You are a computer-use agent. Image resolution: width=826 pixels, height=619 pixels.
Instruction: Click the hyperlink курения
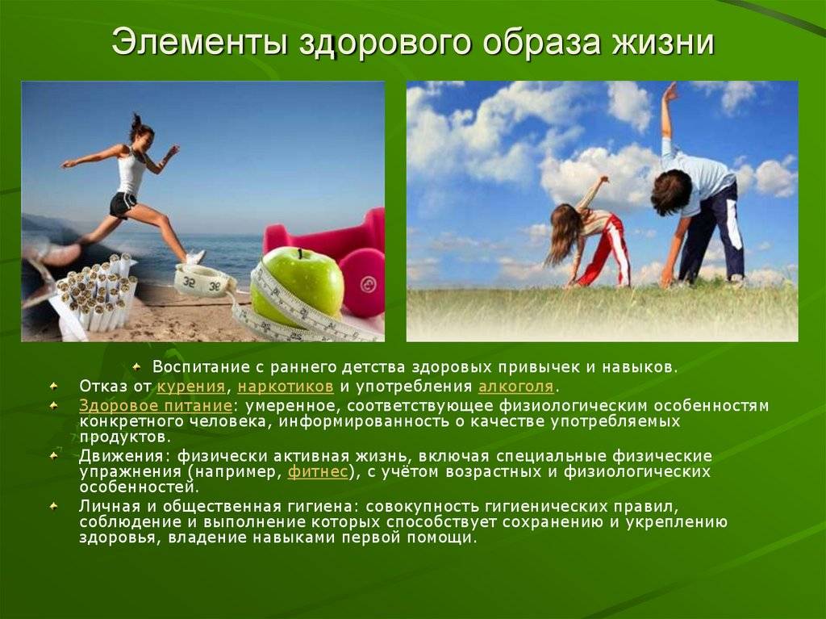(191, 387)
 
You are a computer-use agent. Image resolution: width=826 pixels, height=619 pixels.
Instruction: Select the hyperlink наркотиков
(286, 387)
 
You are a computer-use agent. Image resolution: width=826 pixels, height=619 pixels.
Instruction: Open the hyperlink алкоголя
(515, 387)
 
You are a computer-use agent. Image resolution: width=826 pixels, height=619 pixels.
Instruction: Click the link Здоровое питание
(156, 406)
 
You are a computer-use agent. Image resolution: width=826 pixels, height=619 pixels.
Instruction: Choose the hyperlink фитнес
(318, 471)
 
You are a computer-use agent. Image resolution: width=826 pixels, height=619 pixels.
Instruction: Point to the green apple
(297, 286)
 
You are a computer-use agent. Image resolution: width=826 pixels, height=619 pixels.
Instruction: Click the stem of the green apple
(301, 253)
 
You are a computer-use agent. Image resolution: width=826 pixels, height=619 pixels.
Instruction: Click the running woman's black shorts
(123, 204)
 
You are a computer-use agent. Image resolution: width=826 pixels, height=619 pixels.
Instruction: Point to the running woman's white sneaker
(194, 257)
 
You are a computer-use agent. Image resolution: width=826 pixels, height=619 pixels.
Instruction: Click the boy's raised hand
(670, 94)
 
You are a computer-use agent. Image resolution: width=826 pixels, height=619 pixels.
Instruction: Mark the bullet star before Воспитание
(137, 366)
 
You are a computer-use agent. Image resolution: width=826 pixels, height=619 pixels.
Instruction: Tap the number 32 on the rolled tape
(190, 281)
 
